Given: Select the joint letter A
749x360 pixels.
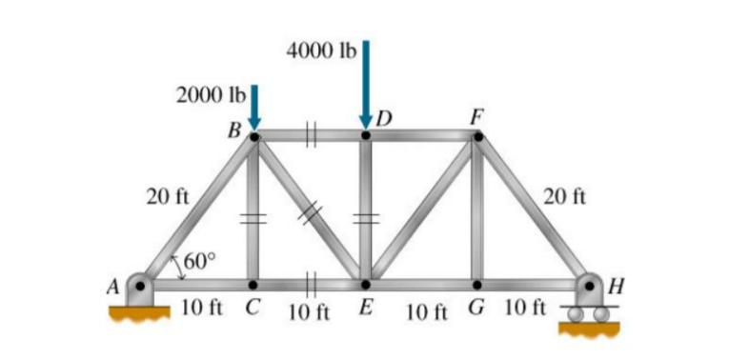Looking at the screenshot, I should pos(114,284).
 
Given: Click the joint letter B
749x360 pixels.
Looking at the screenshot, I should pos(233,130).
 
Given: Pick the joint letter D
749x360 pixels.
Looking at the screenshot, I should pos(383,119).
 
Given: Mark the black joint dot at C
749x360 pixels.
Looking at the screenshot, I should pos(253,284).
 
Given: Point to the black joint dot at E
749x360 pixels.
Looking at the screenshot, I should pos(365,284).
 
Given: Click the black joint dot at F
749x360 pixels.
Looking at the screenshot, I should pos(477,136).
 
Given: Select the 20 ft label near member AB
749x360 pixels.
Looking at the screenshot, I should pos(166,197).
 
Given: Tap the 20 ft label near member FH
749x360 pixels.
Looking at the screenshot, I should pos(564,197).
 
